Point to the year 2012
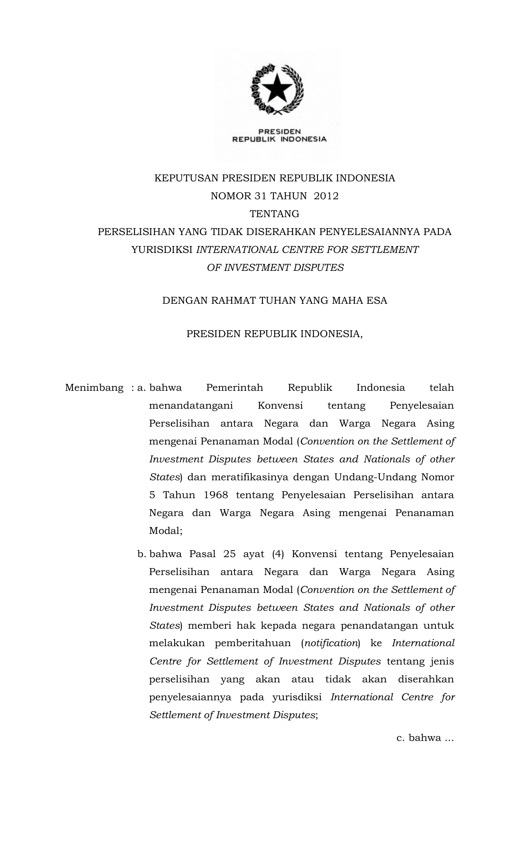pos(326,196)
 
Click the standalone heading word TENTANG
pos(274,214)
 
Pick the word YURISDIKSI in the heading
pos(162,250)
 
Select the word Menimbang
pos(94,388)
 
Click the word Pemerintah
pos(234,388)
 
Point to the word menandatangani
pos(191,405)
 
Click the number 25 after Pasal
pos(229,554)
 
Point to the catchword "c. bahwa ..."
pos(425,738)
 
